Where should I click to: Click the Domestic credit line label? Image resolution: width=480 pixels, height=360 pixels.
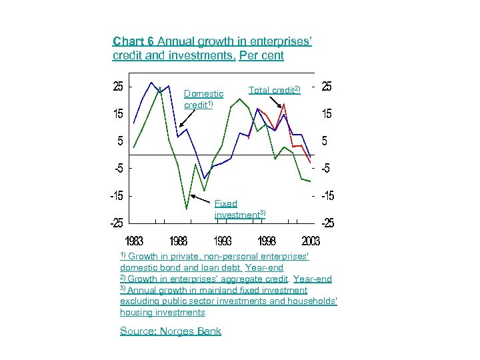[203, 99]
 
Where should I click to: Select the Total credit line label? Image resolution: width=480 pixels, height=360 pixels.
[274, 89]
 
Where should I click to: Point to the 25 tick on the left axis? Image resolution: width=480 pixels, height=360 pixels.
[117, 86]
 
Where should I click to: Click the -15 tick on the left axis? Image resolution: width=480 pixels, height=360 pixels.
[116, 196]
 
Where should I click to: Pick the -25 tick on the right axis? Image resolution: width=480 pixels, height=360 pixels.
[328, 223]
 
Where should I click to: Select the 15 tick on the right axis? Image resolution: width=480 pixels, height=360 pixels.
[327, 114]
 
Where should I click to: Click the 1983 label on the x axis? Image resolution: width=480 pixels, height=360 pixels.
[134, 241]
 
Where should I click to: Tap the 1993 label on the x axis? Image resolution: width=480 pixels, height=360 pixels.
[223, 241]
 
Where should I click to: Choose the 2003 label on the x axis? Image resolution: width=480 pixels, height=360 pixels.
[310, 241]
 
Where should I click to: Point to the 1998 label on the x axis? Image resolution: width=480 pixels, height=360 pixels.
[267, 241]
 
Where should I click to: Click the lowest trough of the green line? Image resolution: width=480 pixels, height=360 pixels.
[187, 209]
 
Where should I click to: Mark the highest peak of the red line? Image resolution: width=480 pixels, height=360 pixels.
[285, 104]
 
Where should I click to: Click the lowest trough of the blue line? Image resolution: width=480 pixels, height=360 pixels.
[205, 178]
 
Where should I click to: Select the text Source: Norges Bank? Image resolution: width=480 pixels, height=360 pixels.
[170, 331]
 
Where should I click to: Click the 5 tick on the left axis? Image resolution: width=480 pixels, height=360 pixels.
[119, 141]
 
